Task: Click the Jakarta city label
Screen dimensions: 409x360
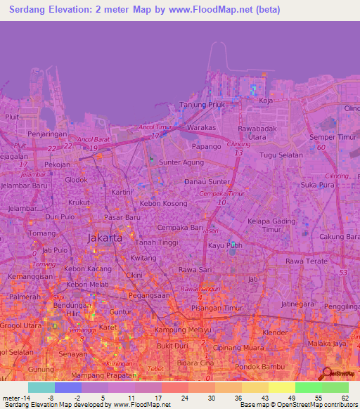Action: click(x=105, y=238)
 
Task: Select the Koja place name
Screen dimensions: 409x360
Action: click(x=265, y=101)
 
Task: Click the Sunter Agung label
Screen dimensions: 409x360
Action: click(x=181, y=162)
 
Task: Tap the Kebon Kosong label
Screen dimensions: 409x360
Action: click(x=162, y=204)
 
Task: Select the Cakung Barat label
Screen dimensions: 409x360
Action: click(x=338, y=236)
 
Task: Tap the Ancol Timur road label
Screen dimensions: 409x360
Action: click(x=155, y=127)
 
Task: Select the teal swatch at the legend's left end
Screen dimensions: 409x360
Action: click(x=41, y=387)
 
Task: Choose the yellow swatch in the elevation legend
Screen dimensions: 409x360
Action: click(x=281, y=387)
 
